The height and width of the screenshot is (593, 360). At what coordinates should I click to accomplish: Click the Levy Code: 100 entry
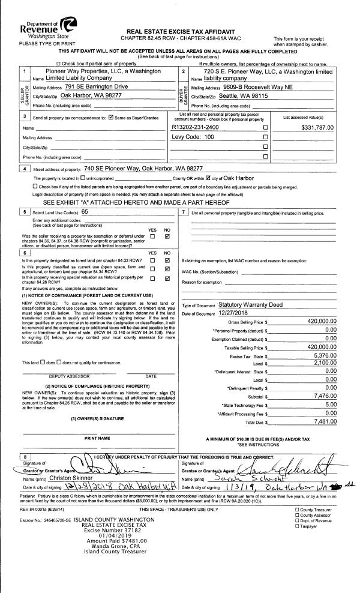coord(193,137)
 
